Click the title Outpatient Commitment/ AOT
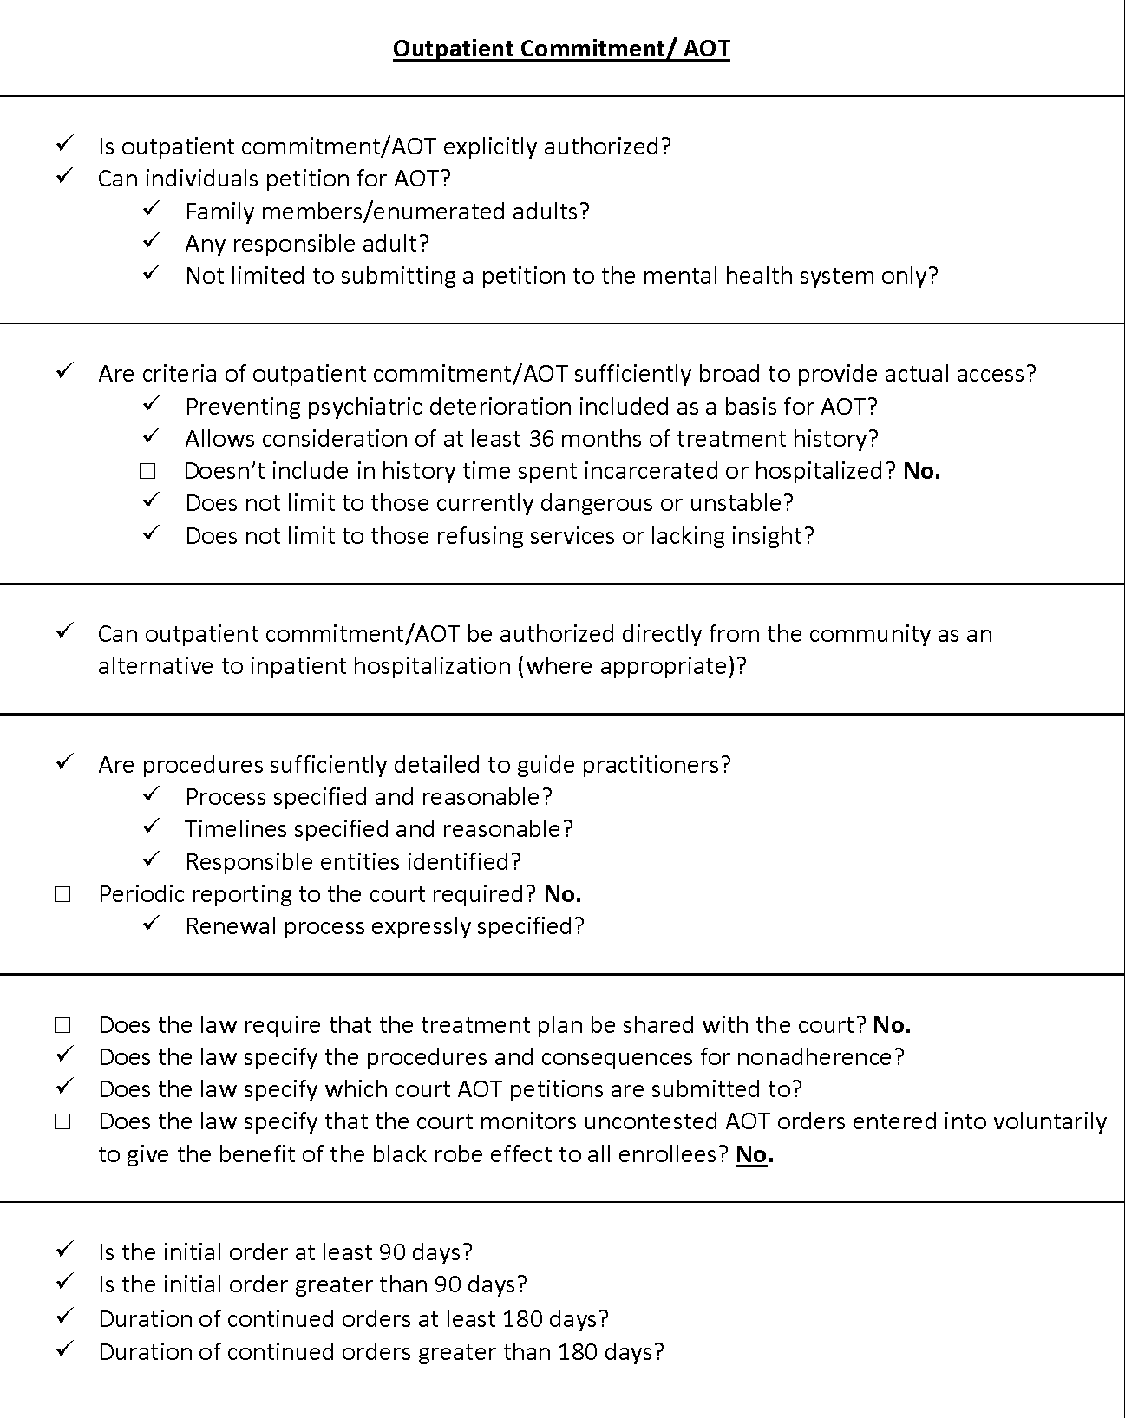(x=561, y=49)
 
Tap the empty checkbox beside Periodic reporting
(x=62, y=894)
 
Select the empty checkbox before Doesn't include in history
(x=147, y=471)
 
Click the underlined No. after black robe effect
(x=754, y=1154)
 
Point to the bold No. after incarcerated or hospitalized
(x=921, y=471)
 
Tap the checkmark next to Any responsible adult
(x=152, y=242)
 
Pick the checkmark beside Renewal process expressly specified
(x=152, y=925)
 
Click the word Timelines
(x=236, y=829)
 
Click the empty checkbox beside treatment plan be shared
(x=62, y=1025)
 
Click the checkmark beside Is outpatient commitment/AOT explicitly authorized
(x=65, y=144)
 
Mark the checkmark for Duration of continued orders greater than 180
(x=65, y=1350)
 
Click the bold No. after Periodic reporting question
(x=562, y=894)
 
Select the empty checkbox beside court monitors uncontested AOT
(x=62, y=1122)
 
